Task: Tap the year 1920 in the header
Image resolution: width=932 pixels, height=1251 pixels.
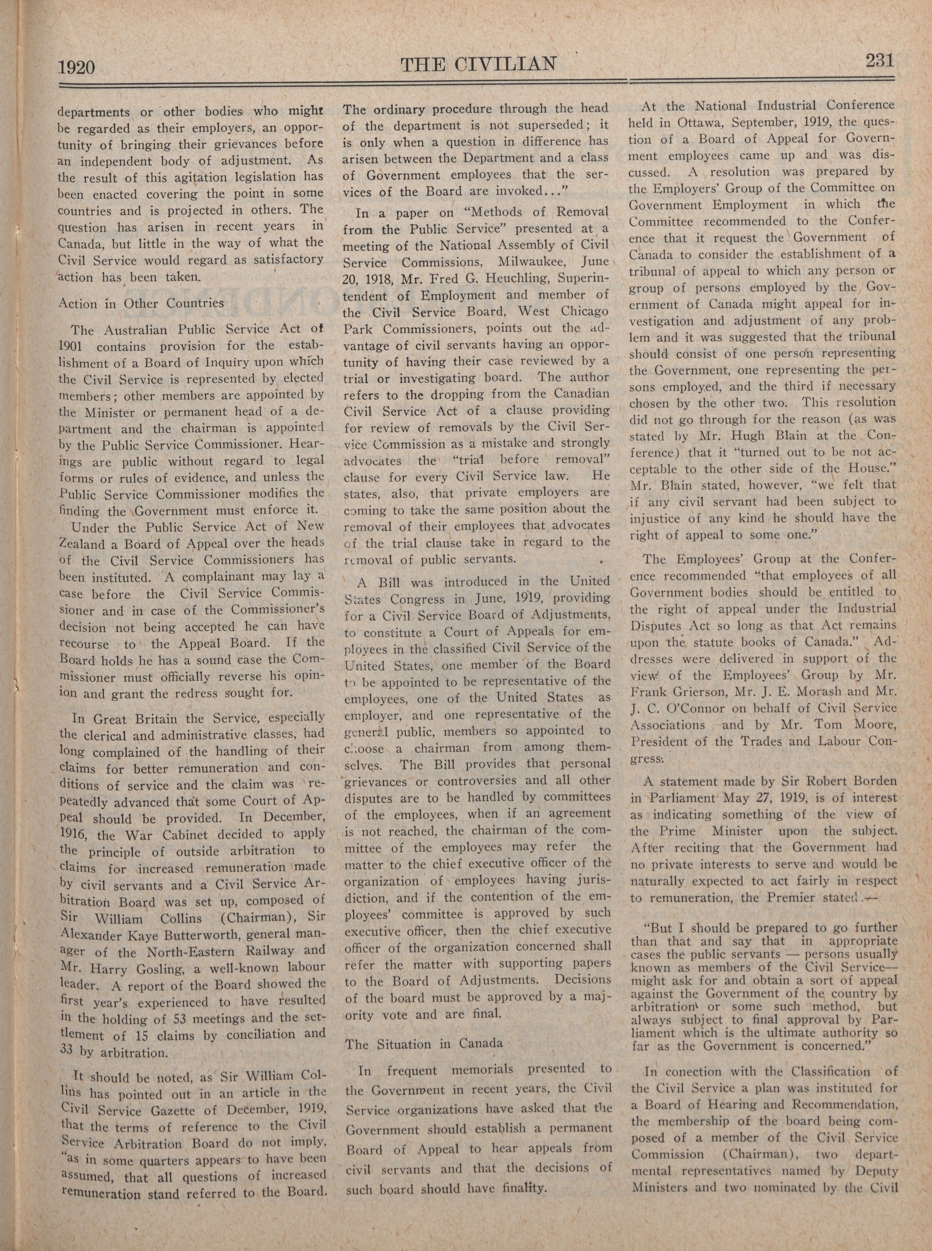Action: (x=76, y=68)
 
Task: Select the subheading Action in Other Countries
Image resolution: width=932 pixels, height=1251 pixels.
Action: (x=141, y=304)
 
